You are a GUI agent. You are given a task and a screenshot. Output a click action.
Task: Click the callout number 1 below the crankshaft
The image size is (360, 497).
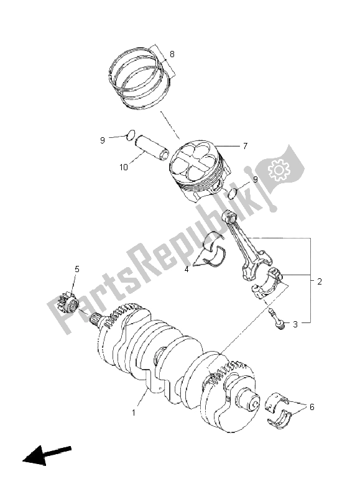click(x=133, y=412)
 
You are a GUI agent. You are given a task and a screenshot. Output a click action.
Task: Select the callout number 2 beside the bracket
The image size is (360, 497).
click(x=319, y=281)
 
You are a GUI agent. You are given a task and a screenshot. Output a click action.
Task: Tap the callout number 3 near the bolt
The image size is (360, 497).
click(x=295, y=324)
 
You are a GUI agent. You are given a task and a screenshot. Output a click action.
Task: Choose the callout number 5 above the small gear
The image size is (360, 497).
click(x=78, y=269)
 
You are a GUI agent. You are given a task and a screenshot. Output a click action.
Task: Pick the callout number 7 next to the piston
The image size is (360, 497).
click(x=246, y=146)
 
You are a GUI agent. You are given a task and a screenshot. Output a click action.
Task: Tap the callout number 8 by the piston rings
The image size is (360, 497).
click(x=172, y=54)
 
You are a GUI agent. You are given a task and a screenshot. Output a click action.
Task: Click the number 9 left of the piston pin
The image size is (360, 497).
click(x=102, y=140)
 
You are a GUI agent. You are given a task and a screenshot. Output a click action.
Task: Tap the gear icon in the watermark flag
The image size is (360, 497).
click(x=277, y=168)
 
